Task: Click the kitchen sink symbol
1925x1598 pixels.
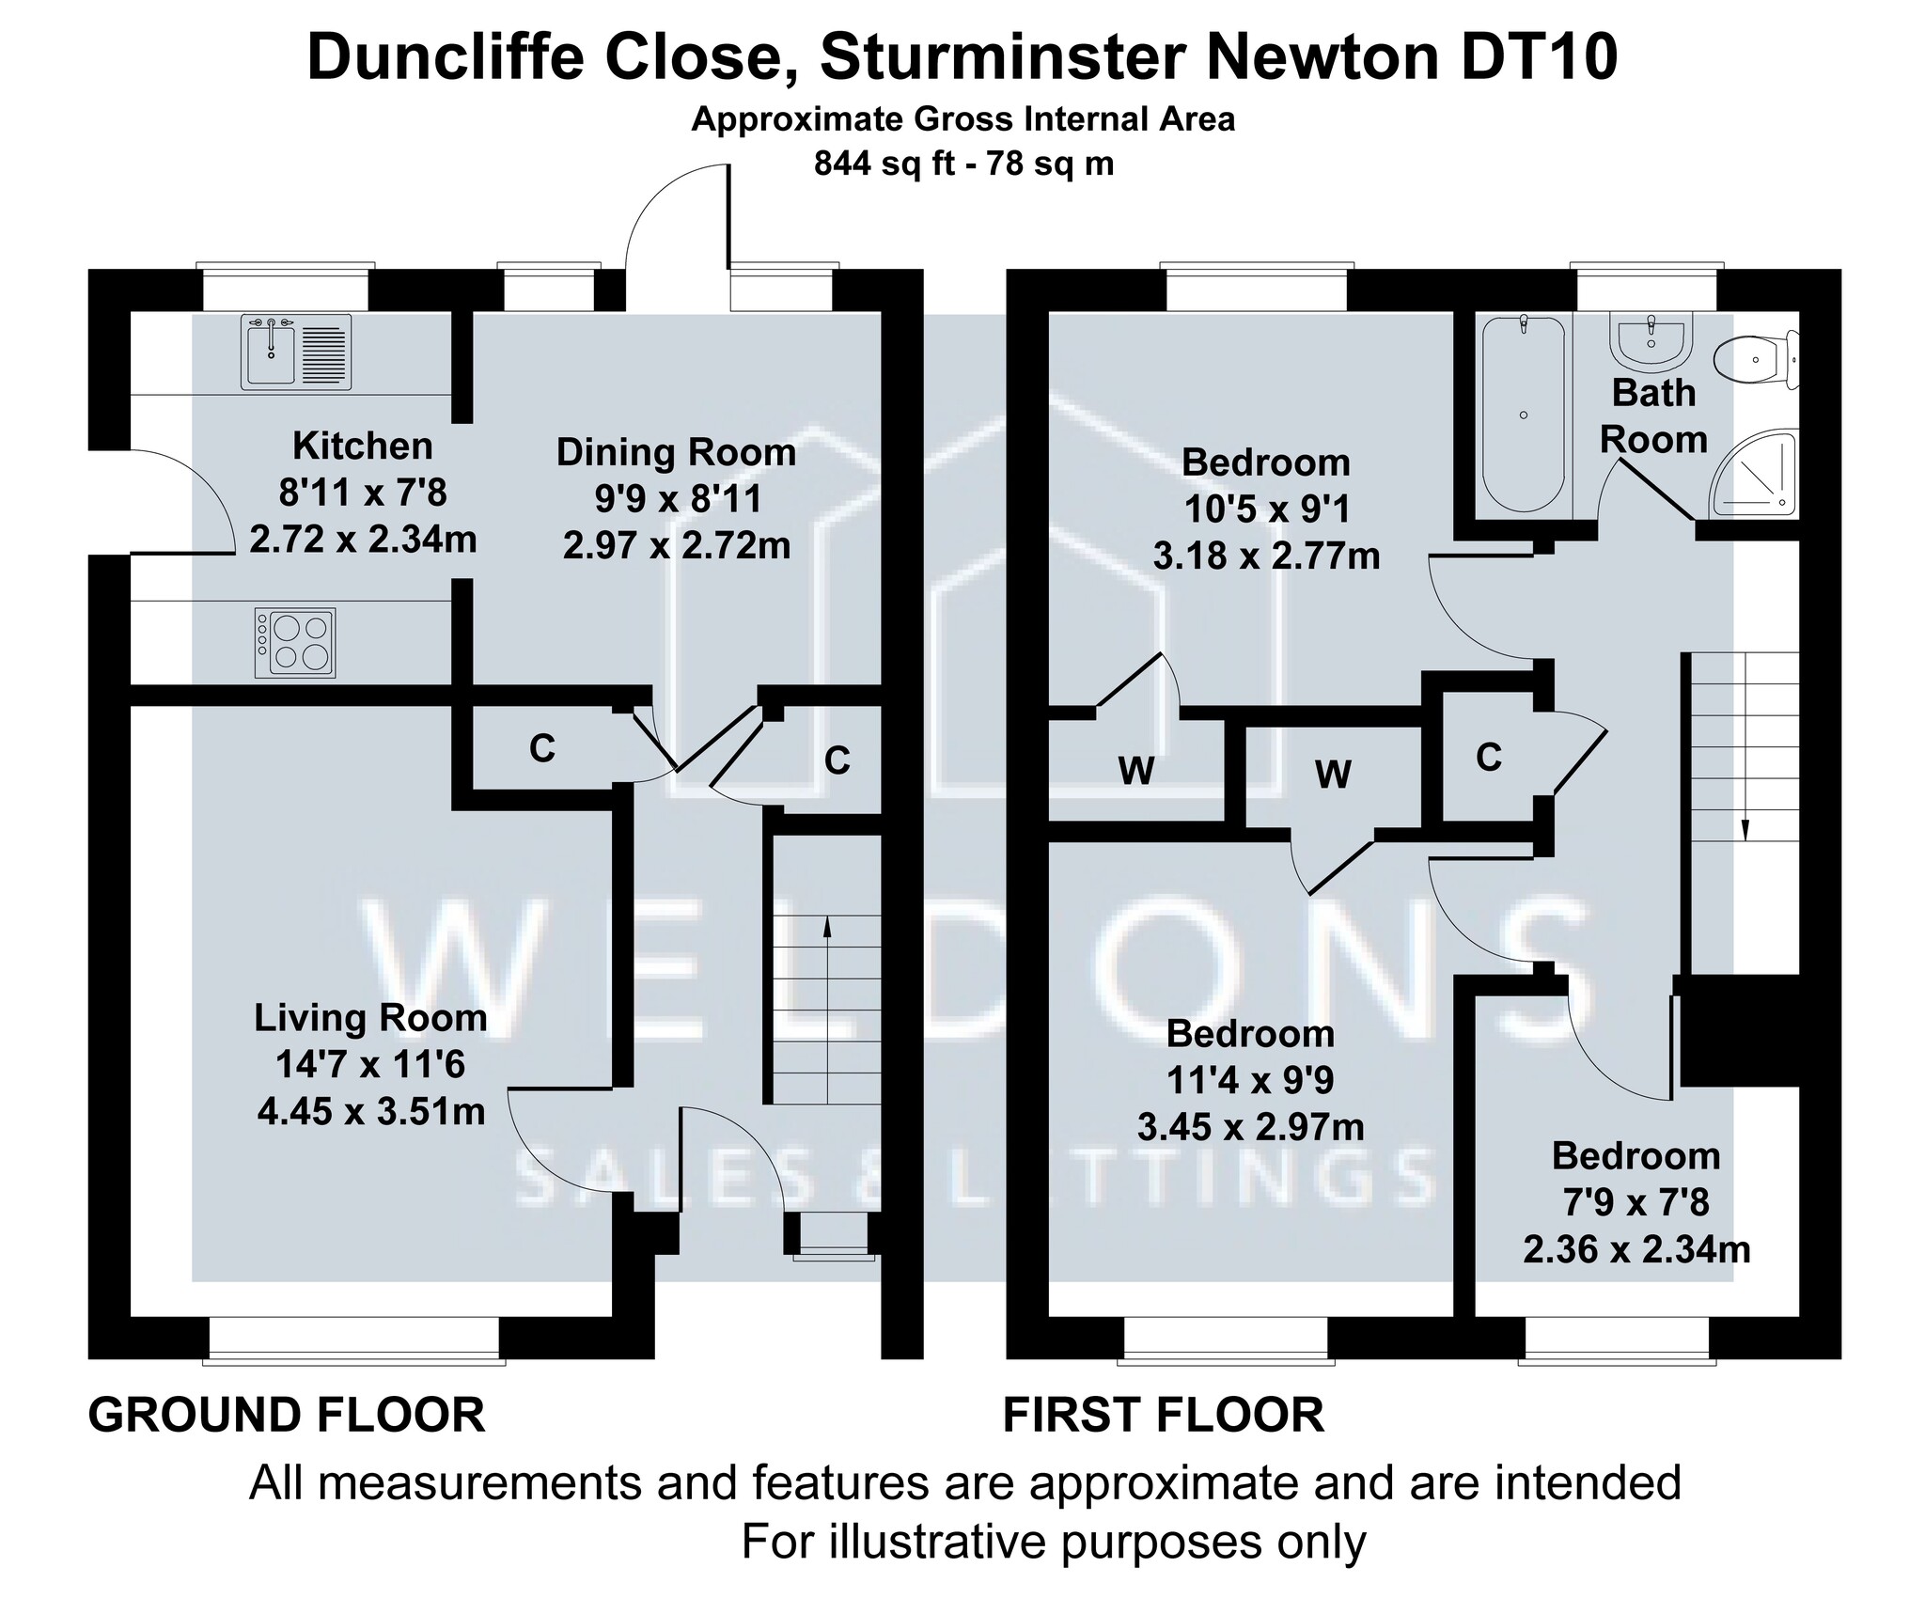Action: (x=297, y=352)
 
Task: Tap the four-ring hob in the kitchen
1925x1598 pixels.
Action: (x=295, y=643)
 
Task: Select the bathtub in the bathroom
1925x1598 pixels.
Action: (x=1524, y=415)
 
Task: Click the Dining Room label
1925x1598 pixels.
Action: (x=676, y=452)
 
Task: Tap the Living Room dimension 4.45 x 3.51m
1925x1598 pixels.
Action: (x=371, y=1112)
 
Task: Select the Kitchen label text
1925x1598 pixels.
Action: (x=363, y=446)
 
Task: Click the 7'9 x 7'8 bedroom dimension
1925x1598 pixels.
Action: (x=1636, y=1202)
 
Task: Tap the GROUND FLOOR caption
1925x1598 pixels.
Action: (x=287, y=1415)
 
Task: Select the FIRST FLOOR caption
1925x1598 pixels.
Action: (x=1164, y=1415)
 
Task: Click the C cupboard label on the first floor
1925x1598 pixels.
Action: (x=1489, y=757)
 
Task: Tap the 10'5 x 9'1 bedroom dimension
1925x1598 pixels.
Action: (x=1266, y=509)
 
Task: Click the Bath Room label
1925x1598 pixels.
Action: (x=1653, y=416)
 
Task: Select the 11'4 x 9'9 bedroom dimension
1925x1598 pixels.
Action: (x=1250, y=1081)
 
